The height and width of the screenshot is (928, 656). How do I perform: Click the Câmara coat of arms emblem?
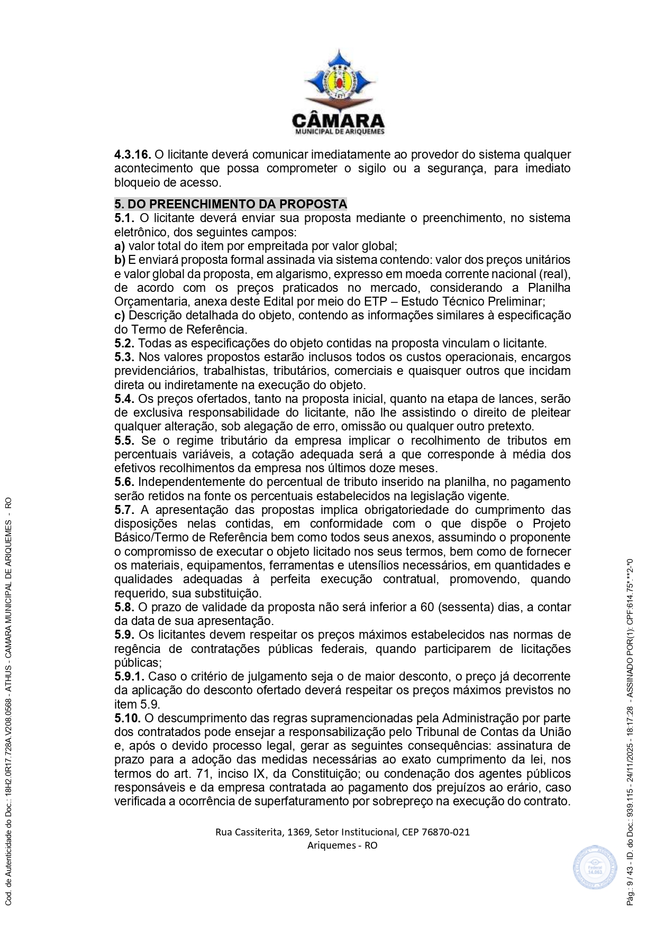pyautogui.click(x=339, y=79)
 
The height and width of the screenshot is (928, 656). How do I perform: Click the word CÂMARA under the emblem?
pyautogui.click(x=339, y=121)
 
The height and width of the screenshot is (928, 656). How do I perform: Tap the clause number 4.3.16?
pyautogui.click(x=133, y=155)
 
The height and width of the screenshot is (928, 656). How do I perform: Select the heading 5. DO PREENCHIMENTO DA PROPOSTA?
pyautogui.click(x=231, y=204)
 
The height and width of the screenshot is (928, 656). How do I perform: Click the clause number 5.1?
pyautogui.click(x=124, y=218)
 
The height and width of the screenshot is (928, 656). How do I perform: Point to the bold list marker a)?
pyautogui.click(x=120, y=246)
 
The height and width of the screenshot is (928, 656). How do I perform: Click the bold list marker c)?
pyautogui.click(x=120, y=315)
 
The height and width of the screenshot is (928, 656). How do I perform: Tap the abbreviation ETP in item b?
pyautogui.click(x=375, y=301)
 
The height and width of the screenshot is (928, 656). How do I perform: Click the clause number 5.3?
pyautogui.click(x=124, y=357)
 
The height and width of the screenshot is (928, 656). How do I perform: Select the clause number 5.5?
pyautogui.click(x=124, y=440)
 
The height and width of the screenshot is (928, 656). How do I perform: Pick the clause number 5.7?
pyautogui.click(x=124, y=510)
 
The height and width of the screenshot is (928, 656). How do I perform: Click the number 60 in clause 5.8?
pyautogui.click(x=427, y=607)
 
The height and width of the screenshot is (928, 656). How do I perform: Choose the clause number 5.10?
pyautogui.click(x=127, y=718)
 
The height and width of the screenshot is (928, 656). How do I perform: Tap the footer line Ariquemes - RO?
pyautogui.click(x=342, y=845)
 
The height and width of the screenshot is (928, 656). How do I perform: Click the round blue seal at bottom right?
pyautogui.click(x=595, y=868)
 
